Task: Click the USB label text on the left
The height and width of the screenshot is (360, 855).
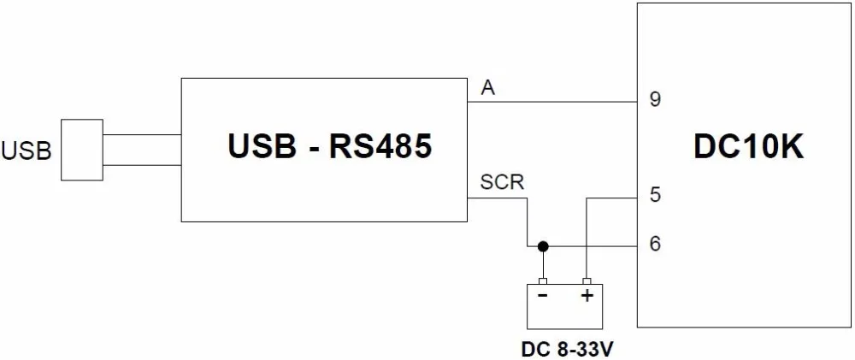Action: [27, 150]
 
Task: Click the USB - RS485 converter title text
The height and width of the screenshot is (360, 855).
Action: [330, 146]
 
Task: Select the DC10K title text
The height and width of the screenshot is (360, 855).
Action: [749, 146]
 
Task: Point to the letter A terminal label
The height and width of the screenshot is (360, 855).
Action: [488, 88]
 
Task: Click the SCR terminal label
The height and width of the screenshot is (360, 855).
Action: [502, 182]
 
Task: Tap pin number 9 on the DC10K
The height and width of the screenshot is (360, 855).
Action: [655, 100]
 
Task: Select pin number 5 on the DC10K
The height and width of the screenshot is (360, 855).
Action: [655, 195]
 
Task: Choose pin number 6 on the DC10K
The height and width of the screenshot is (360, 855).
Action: [655, 243]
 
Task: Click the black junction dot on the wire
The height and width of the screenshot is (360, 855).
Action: [543, 246]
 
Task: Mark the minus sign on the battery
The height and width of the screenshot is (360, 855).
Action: [543, 296]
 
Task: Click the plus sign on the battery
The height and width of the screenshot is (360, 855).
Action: [587, 296]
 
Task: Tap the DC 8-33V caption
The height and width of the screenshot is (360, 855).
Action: [564, 349]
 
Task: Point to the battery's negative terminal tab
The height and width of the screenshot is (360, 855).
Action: [543, 281]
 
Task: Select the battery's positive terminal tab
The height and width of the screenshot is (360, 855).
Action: [587, 281]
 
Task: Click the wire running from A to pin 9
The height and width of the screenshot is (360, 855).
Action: [552, 102]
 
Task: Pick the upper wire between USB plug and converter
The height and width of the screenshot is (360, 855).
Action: [142, 135]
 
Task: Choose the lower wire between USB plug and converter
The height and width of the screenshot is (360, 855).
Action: [142, 165]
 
